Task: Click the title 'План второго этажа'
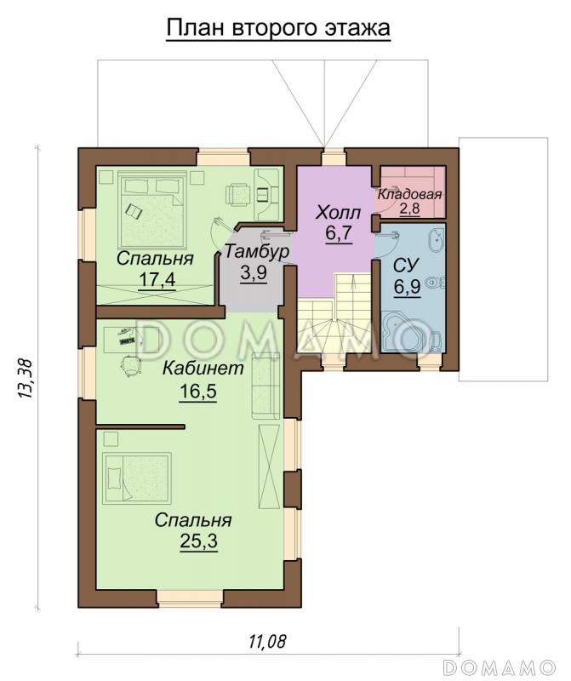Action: click(x=278, y=29)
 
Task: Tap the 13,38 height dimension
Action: click(x=26, y=379)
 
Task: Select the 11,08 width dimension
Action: click(x=268, y=641)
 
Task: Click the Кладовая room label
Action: click(x=409, y=195)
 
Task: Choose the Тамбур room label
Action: click(x=256, y=252)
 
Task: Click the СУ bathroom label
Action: click(x=407, y=265)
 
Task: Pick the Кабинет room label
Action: click(x=203, y=369)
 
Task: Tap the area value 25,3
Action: click(x=198, y=541)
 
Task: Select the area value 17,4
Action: click(x=157, y=279)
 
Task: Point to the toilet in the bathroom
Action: click(x=435, y=283)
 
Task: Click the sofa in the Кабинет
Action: click(x=266, y=386)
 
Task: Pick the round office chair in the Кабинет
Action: click(x=130, y=366)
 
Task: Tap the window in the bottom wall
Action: click(x=190, y=598)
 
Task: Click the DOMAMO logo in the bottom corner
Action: click(x=500, y=666)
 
